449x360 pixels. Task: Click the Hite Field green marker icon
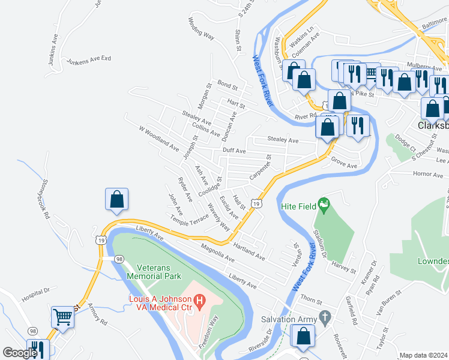pos(324,206)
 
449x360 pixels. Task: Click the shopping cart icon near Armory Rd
pos(63,317)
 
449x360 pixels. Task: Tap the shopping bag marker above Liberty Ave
pos(117,200)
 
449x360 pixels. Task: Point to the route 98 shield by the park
pos(119,259)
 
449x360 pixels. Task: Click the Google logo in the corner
pos(20,353)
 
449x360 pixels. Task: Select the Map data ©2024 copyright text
pos(423,355)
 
